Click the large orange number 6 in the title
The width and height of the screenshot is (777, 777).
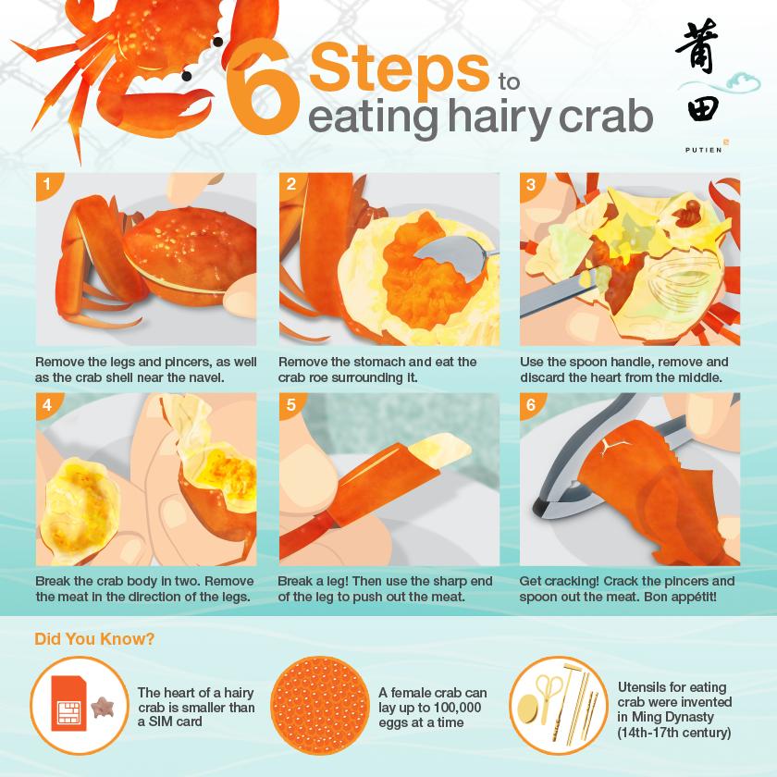(263, 87)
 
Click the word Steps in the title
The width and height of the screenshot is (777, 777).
(400, 68)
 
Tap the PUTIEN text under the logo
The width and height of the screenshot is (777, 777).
(703, 150)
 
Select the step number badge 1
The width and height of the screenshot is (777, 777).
(47, 184)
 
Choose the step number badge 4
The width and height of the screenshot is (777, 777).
(47, 405)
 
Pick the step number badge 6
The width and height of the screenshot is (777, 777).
(531, 405)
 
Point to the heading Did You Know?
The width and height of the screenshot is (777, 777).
(94, 639)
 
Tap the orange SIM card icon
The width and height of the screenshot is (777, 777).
(68, 703)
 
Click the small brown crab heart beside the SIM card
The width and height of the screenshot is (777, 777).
(102, 707)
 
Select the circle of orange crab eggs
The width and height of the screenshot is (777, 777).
(320, 706)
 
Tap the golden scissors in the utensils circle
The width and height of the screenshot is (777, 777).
(549, 692)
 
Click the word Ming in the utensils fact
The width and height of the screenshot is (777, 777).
(647, 717)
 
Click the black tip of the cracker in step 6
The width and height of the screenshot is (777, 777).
(539, 507)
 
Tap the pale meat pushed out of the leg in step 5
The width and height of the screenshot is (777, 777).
(439, 450)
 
